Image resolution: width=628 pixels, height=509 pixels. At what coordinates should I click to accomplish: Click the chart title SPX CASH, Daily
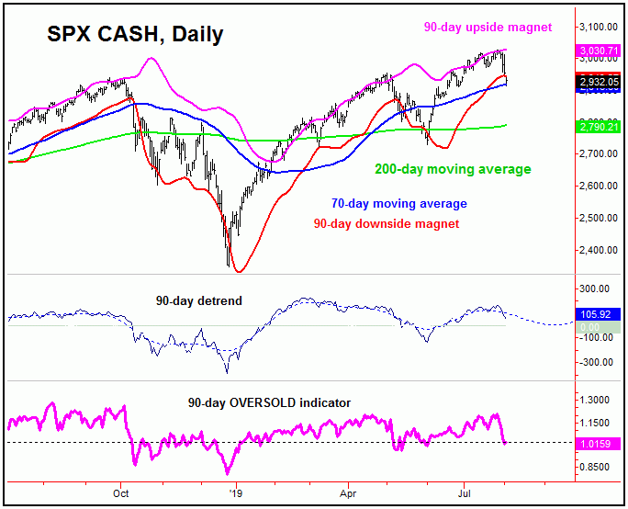(x=133, y=36)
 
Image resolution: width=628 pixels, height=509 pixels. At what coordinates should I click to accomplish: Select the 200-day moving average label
(x=454, y=169)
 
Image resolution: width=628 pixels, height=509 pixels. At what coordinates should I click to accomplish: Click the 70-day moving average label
(x=398, y=203)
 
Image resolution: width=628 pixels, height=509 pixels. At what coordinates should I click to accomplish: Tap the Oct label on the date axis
(x=120, y=492)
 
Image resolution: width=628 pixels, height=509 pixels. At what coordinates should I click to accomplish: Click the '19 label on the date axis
(x=236, y=492)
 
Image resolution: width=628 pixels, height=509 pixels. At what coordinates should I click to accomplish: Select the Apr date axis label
(x=348, y=492)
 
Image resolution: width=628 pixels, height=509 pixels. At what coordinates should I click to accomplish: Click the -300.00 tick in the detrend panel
(x=597, y=362)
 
